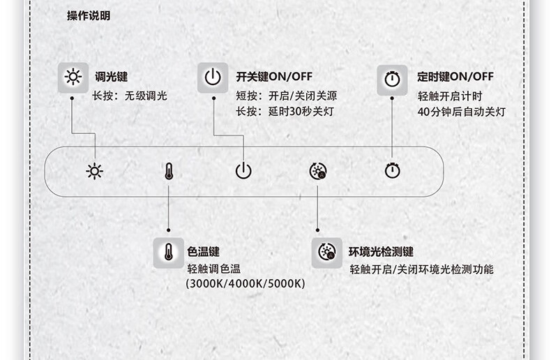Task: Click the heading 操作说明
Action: (89, 16)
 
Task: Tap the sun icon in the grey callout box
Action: (73, 77)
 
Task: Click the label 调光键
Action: (112, 77)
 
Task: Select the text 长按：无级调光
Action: (130, 96)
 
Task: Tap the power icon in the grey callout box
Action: (213, 77)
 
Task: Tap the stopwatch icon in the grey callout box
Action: (391, 80)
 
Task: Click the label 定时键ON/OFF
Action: (455, 77)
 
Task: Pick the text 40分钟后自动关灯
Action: (461, 112)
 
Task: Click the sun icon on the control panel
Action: (95, 171)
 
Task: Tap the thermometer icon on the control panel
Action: (168, 171)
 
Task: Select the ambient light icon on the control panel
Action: (317, 171)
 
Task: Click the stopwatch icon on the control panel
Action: (392, 171)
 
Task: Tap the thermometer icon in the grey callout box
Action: (168, 252)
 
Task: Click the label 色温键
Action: (204, 252)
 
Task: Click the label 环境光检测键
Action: (382, 252)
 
